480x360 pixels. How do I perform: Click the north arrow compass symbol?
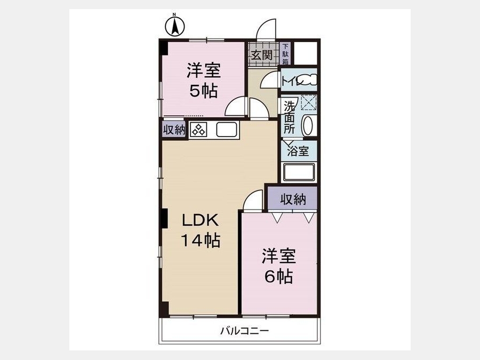coord(175,26)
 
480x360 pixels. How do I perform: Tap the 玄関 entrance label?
coord(262,55)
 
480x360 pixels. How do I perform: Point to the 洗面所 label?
coord(289,117)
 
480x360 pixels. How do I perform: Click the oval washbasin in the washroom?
coord(308,125)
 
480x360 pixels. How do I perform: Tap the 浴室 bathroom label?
coord(298,150)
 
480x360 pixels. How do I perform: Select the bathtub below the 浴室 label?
coord(299,173)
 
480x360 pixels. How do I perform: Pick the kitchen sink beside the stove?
coord(227,130)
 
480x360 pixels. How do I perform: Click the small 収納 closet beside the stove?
coord(174,130)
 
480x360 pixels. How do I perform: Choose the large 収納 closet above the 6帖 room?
coord(293,199)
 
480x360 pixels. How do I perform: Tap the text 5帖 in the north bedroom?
coord(204,91)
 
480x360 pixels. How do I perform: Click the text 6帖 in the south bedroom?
coord(278,277)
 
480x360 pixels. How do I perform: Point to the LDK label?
coord(201,220)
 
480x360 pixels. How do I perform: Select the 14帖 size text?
coord(201,240)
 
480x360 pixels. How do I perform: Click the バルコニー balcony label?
coord(245,331)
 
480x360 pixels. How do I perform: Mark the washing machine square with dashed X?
coord(309,102)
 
